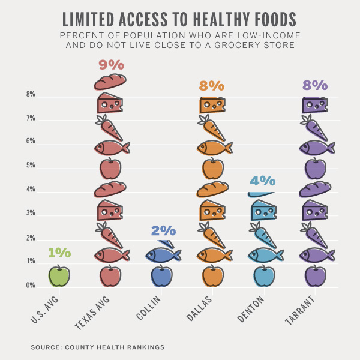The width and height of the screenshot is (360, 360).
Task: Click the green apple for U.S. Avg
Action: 58,275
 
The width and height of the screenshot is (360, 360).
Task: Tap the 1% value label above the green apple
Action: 59,253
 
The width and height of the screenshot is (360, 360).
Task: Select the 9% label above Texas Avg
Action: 110,64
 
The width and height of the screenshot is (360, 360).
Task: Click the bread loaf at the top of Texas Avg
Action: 110,81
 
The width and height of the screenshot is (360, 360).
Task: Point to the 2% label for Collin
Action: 163,231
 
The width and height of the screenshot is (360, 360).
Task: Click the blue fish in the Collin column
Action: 163,255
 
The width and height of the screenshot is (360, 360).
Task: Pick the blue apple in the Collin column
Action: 161,275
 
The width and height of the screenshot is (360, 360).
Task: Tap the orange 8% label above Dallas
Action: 214,86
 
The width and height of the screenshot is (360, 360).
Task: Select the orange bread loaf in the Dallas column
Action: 213,189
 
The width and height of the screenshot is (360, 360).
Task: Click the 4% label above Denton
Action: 263,181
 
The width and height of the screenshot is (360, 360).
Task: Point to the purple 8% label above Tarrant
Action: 315,86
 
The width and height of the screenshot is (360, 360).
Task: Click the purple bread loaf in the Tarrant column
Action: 316,189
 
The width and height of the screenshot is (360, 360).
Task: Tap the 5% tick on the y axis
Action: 31,166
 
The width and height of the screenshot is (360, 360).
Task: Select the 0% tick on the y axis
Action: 31,286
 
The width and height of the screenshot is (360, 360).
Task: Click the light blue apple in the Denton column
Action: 263,275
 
